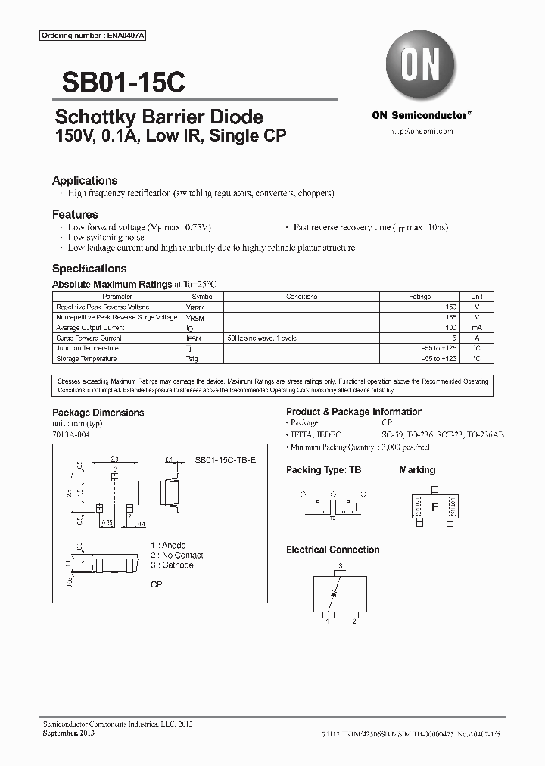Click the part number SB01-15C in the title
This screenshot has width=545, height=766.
tap(118, 81)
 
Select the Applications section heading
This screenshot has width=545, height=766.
tap(85, 181)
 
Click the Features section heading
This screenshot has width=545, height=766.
tap(75, 215)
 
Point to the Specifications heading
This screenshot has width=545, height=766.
tap(89, 269)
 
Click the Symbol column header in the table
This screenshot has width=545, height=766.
tap(203, 297)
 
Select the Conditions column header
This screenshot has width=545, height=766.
tap(301, 297)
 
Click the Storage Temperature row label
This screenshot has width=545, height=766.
tap(86, 359)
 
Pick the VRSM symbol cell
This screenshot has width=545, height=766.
tap(195, 318)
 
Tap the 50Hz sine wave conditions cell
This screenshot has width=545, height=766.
tap(262, 338)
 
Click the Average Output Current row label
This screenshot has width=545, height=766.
tap(89, 328)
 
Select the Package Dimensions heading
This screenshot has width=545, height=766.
tap(98, 413)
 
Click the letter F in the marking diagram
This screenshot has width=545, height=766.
tap(434, 507)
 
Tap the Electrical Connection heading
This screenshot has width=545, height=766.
tap(332, 550)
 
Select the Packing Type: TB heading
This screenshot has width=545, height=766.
tap(323, 470)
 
